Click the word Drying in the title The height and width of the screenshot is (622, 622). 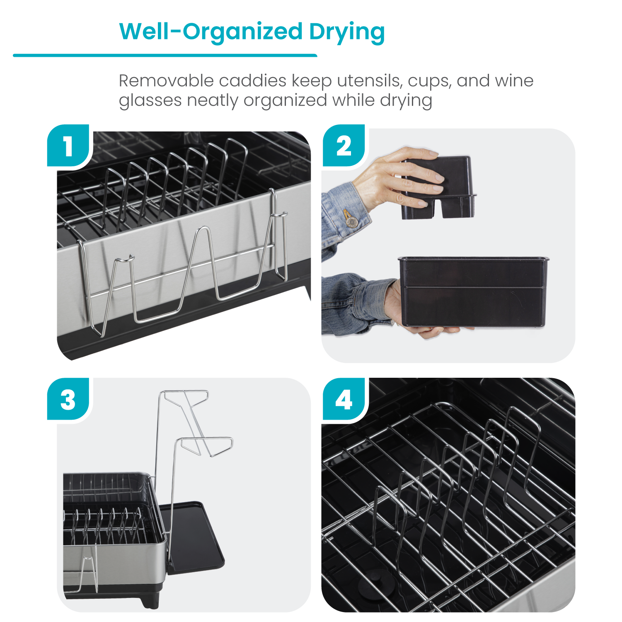coord(346,32)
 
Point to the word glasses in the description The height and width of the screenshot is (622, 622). coord(150,101)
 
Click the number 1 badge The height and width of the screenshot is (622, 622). coord(68,146)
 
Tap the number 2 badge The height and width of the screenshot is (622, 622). coord(344,146)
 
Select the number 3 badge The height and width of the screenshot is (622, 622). coord(68,400)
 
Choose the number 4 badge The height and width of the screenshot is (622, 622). coord(344,400)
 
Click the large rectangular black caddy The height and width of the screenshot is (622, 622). coord(472,292)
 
